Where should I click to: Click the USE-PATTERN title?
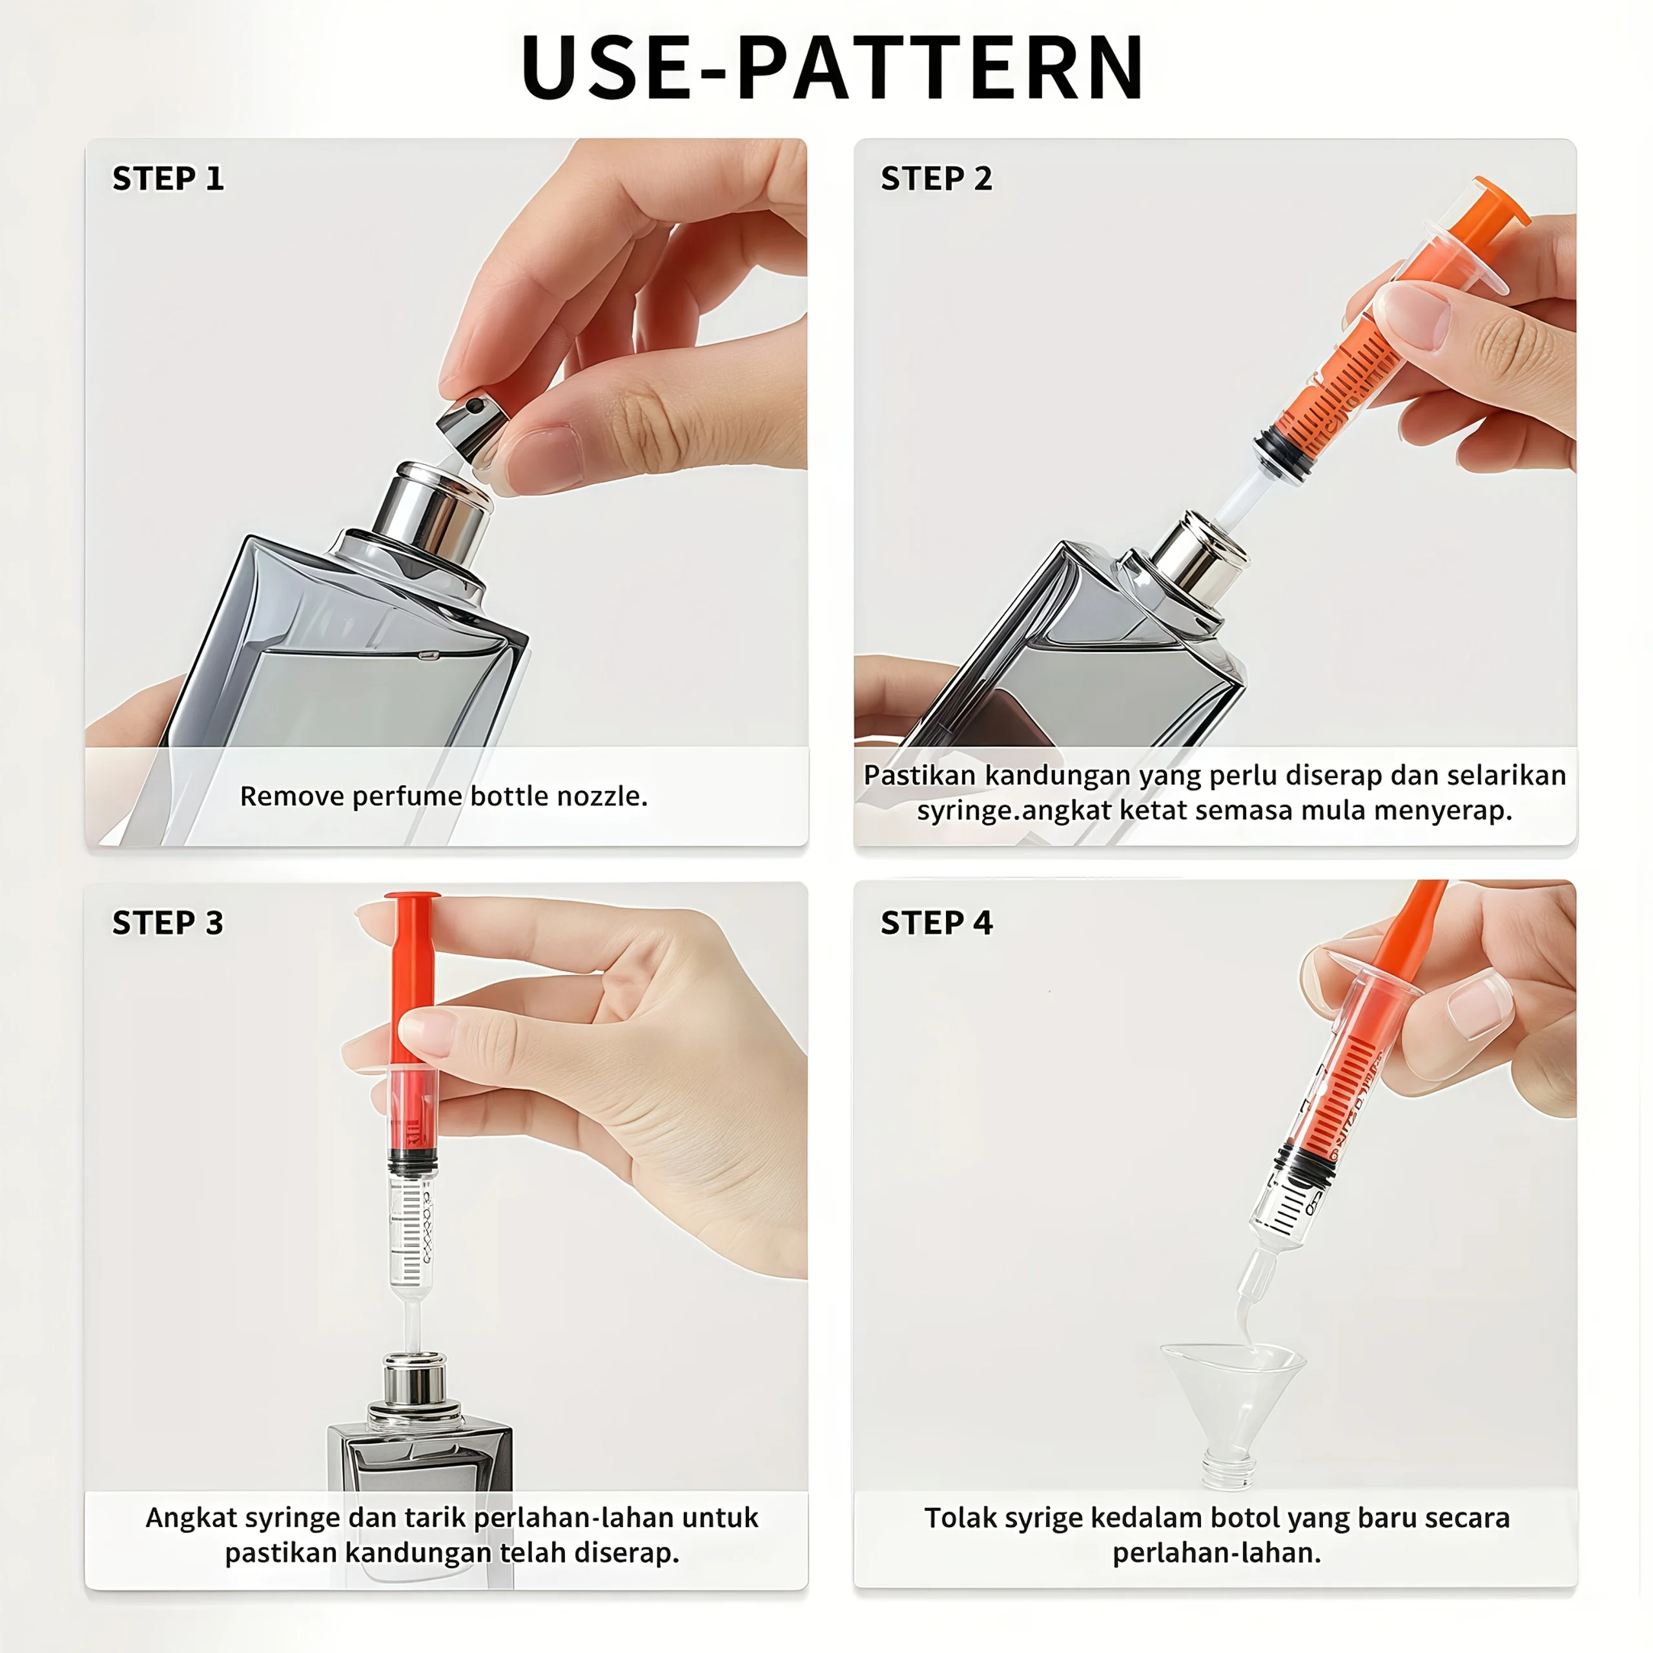click(x=832, y=67)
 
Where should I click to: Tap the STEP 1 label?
click(x=168, y=179)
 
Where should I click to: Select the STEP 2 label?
click(x=936, y=179)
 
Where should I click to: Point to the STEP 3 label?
click(x=168, y=923)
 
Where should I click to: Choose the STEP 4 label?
click(x=936, y=923)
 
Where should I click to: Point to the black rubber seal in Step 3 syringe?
click(x=413, y=1162)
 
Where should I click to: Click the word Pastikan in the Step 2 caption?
click(x=919, y=775)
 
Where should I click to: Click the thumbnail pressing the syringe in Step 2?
click(x=1417, y=316)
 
